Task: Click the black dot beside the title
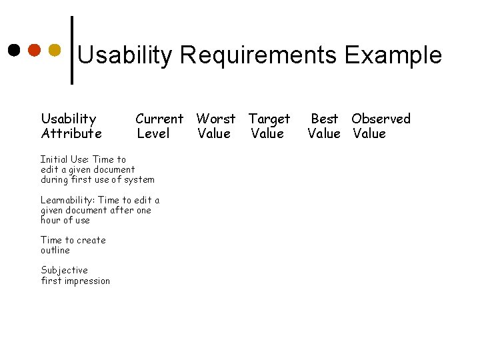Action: [x=14, y=50]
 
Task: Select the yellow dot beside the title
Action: [x=55, y=50]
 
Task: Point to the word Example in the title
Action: [x=393, y=55]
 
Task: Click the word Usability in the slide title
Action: [x=125, y=55]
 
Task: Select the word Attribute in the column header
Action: [x=71, y=133]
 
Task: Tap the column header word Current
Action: [x=159, y=119]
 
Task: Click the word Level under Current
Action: [x=153, y=133]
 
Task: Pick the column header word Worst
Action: [x=215, y=119]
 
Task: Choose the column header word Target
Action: [x=269, y=119]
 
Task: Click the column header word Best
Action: [x=325, y=119]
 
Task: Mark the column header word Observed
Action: [x=381, y=119]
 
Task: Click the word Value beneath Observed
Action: [x=369, y=133]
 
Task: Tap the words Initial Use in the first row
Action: [x=65, y=159]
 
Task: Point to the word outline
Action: [x=55, y=250]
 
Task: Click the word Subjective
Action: [x=64, y=270]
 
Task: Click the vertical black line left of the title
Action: [x=72, y=50]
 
